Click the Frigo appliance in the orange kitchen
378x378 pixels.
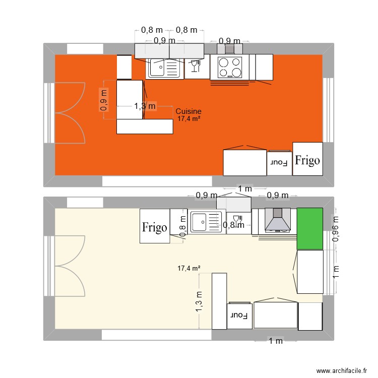(x=307, y=161)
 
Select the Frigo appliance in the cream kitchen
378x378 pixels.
(x=154, y=227)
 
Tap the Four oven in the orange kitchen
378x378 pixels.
(x=279, y=163)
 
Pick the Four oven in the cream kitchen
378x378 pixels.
(x=239, y=316)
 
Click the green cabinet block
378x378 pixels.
(x=309, y=228)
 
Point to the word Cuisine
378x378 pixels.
(x=188, y=111)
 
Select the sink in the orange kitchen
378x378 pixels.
(x=164, y=68)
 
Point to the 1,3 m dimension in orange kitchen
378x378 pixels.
(x=145, y=106)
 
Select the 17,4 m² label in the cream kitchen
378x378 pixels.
(x=189, y=269)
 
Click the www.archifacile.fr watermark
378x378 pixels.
(x=341, y=371)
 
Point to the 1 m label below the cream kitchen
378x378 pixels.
(x=275, y=342)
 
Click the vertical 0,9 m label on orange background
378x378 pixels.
(x=104, y=100)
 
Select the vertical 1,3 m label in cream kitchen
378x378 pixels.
(x=199, y=301)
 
